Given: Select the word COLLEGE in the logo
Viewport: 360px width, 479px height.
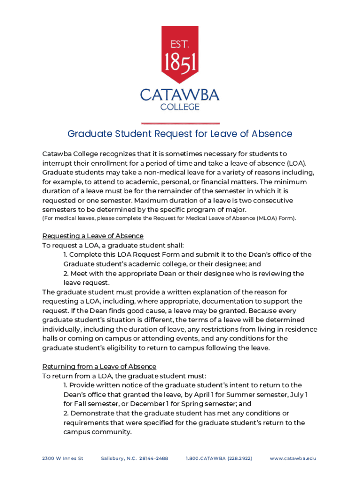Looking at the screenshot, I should click(x=180, y=107).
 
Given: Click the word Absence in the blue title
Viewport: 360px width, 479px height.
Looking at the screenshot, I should click(x=272, y=134).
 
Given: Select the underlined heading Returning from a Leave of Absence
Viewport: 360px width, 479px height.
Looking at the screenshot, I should click(x=99, y=366).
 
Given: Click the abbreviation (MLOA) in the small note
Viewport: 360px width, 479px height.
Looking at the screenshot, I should click(x=266, y=218).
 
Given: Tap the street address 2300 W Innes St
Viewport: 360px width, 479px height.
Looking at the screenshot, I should click(x=63, y=458).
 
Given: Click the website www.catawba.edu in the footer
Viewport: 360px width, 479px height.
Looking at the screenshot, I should click(x=293, y=458).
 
